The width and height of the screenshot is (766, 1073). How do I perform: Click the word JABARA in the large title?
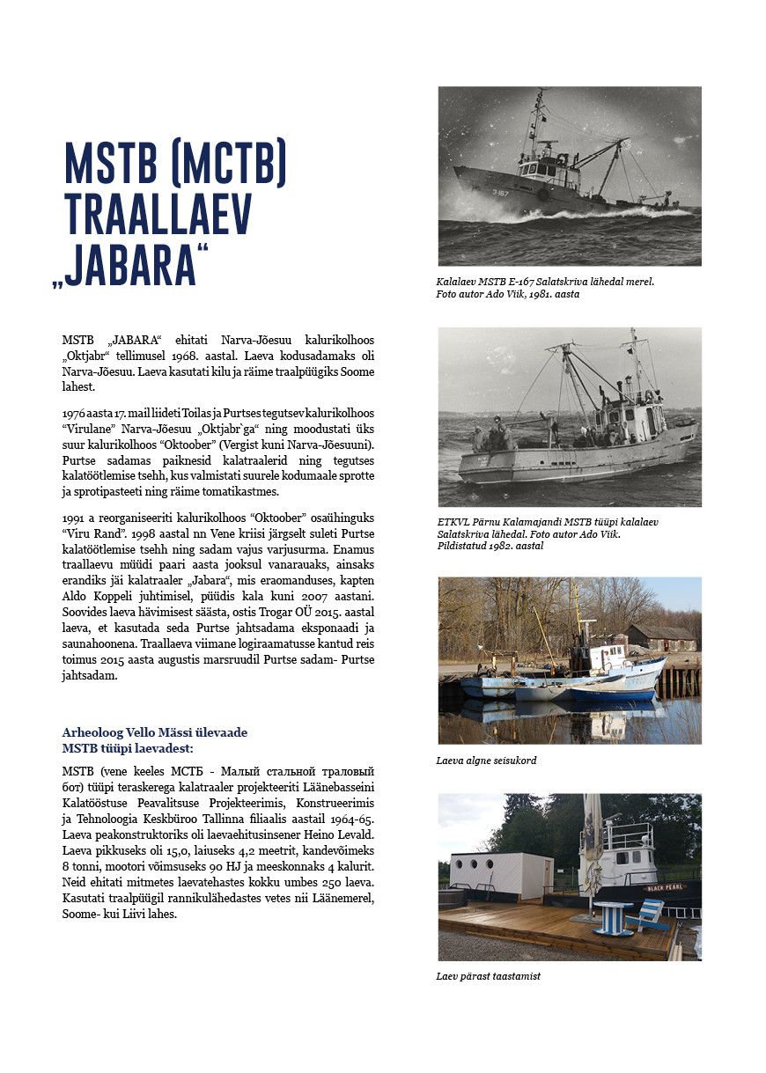pos(136,263)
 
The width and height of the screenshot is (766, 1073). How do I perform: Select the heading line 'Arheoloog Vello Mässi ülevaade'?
pos(154,732)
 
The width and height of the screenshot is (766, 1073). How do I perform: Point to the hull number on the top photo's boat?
pos(500,192)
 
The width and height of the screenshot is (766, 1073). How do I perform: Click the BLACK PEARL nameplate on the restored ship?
pos(662,886)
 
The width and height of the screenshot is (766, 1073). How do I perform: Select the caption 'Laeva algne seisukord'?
pos(486,760)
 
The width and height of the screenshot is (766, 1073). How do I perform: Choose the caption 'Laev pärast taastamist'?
pos(488,976)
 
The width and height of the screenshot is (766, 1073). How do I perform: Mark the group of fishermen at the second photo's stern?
pos(492,437)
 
